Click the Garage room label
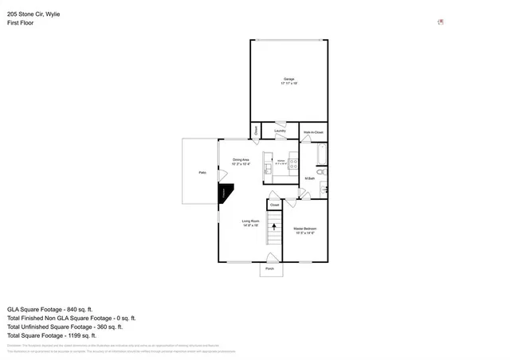pos(288,80)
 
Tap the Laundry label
pos(280,131)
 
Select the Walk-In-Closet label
pos(313,132)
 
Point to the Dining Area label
pos(241,161)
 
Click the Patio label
pos(203,172)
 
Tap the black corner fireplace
pos(226,194)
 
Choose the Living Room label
pos(251,222)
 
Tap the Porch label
pos(270,270)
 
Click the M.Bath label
pos(309,178)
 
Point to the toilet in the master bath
pos(320,171)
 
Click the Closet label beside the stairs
pos(274,205)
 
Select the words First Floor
pos(20,23)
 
